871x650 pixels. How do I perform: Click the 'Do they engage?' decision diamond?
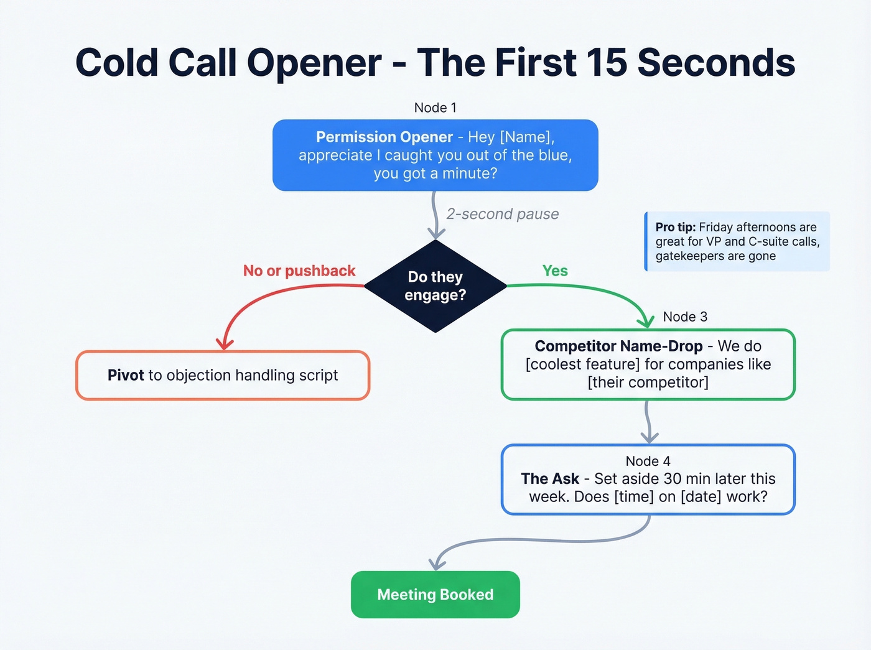tap(435, 286)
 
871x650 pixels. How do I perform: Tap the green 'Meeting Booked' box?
tap(435, 595)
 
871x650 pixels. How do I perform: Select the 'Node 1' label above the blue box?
tap(435, 108)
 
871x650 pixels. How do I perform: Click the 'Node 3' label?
tap(685, 317)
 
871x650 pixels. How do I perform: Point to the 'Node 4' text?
tap(648, 461)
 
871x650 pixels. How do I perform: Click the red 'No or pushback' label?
tap(299, 271)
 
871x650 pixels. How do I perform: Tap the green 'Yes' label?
tap(554, 271)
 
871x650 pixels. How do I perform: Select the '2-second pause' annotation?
tap(502, 214)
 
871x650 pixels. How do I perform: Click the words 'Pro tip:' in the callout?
tap(675, 227)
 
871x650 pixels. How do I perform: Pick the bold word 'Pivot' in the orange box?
tap(126, 375)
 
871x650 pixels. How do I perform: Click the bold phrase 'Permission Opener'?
tap(384, 137)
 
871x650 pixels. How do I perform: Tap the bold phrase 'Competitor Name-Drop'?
tap(618, 346)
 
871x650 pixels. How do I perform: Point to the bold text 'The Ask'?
tap(550, 479)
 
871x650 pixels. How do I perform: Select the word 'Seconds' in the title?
tap(716, 63)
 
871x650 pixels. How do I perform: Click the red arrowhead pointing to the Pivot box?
tap(224, 344)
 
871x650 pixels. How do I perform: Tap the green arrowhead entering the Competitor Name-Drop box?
tap(646, 322)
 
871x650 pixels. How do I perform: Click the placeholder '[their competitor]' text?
tap(648, 382)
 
